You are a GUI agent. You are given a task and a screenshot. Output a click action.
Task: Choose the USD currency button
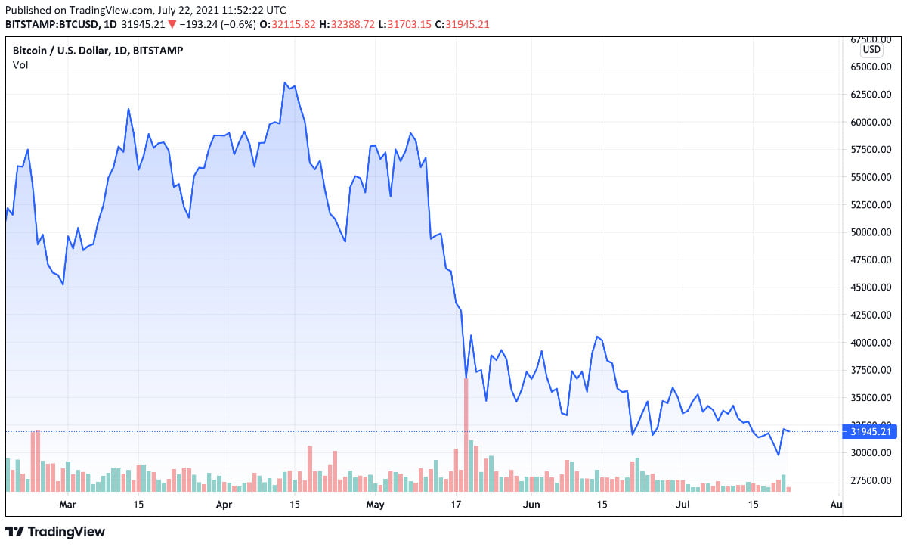tap(871, 50)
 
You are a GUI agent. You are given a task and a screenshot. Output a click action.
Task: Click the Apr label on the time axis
tap(224, 504)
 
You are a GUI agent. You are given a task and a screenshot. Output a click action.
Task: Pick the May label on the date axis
tap(376, 504)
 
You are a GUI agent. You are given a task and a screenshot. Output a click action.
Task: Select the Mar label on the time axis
tap(68, 504)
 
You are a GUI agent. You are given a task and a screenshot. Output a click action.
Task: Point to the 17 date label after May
tap(456, 504)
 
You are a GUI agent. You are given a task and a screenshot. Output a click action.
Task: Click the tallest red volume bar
tap(466, 435)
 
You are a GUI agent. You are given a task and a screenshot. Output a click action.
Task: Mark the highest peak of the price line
tap(285, 82)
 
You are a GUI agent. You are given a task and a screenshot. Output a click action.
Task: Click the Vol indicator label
tap(20, 65)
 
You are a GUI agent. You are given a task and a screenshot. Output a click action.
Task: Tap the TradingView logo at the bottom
tap(55, 532)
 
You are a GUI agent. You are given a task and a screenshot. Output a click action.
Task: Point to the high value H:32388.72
tap(348, 24)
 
